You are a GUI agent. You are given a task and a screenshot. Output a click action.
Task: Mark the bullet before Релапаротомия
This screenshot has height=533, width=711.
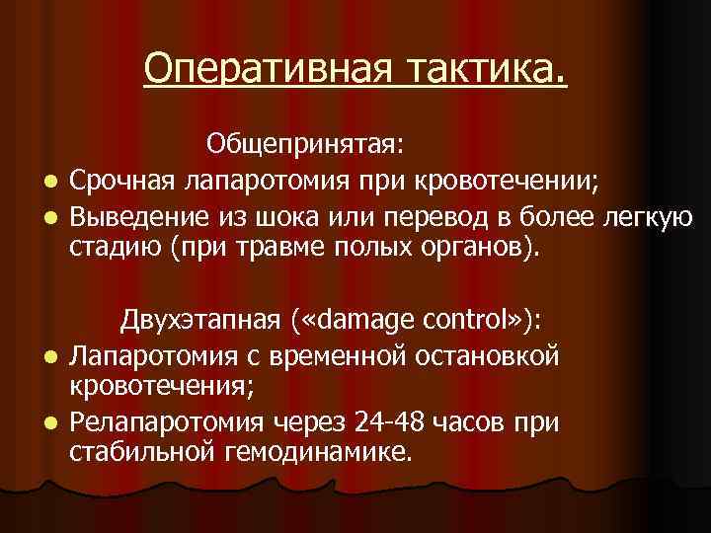click(47, 424)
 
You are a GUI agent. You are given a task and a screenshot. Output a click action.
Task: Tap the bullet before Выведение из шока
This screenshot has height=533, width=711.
click(47, 218)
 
